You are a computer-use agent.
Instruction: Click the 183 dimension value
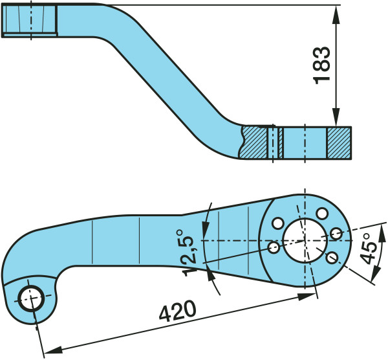(x=324, y=65)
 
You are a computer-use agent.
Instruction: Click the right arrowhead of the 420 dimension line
(x=311, y=295)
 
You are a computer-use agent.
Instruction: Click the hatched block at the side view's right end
(x=339, y=142)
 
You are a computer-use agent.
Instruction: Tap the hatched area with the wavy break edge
(x=254, y=142)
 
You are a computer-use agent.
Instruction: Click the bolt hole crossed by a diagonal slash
(x=331, y=258)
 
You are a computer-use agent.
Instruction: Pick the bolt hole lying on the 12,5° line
(x=273, y=247)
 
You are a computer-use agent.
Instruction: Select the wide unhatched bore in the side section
(x=305, y=142)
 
